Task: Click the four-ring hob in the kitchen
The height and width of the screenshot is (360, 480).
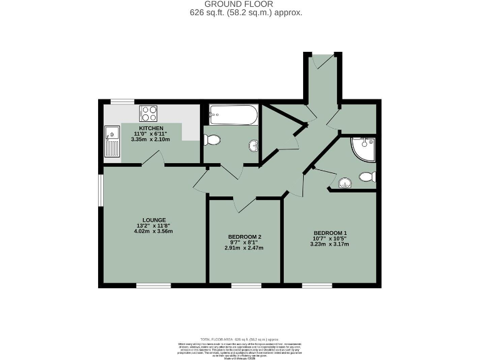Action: tap(149, 113)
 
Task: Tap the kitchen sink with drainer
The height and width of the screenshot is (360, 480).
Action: tap(112, 141)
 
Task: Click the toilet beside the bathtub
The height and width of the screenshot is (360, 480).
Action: tap(211, 140)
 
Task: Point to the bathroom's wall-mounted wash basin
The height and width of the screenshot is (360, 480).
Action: tap(254, 147)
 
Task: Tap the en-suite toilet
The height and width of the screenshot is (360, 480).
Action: tap(367, 177)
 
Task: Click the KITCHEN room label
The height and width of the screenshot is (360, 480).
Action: tap(151, 128)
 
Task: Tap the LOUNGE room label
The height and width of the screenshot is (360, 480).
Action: tap(154, 220)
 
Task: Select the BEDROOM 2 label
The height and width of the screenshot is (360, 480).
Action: tap(244, 236)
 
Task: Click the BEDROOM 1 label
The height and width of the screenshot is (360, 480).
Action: tap(329, 233)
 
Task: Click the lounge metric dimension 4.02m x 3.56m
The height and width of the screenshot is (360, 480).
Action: tap(154, 231)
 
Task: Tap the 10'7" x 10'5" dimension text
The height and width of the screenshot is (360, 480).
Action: tap(329, 239)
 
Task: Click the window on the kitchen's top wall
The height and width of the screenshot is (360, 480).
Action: tap(122, 101)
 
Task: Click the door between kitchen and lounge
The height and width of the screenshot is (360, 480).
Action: tap(153, 162)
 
